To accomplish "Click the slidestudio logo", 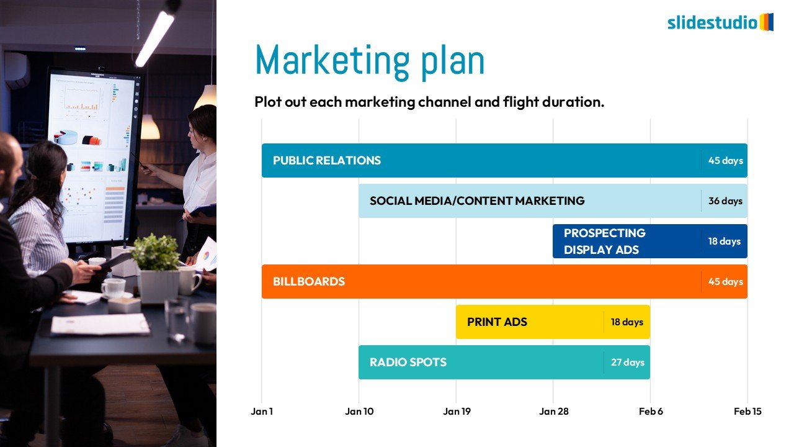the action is (720, 22).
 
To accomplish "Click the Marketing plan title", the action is (370, 61).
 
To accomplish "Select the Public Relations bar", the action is (504, 160).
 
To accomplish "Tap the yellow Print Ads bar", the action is (553, 322).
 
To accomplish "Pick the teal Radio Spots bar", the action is (504, 362).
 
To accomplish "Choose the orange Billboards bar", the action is (504, 281).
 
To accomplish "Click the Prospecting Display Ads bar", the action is (650, 242).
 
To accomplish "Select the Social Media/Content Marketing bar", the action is (553, 201).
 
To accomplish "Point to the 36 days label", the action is (725, 201).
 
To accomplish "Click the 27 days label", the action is (627, 362).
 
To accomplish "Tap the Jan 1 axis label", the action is (262, 411).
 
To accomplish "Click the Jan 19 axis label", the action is (457, 411).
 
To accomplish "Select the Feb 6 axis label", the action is (651, 411).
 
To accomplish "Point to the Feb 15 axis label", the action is (747, 411).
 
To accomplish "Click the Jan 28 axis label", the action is (554, 411).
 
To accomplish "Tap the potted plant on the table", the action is (156, 268).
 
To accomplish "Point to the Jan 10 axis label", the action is (359, 411).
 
